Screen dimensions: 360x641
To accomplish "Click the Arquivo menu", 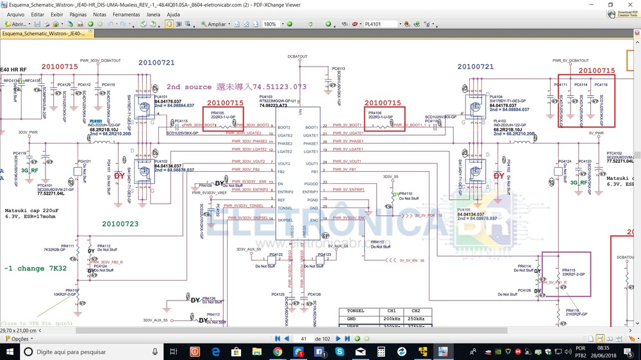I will pos(15,14).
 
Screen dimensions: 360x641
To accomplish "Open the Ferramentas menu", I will pos(126,14).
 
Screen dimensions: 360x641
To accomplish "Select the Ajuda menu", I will pos(173,14).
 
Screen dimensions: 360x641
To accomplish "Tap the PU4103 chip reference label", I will pos(265,96).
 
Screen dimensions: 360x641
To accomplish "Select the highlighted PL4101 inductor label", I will pos(96,121).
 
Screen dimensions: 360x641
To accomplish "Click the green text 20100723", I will pos(120,223).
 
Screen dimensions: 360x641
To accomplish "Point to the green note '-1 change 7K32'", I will pos(35,268).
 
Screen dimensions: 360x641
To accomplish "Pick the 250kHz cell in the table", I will pos(416,318).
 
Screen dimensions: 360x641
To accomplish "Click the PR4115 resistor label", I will pos(569,270).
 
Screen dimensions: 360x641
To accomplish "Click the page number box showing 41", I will pos(304,338).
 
